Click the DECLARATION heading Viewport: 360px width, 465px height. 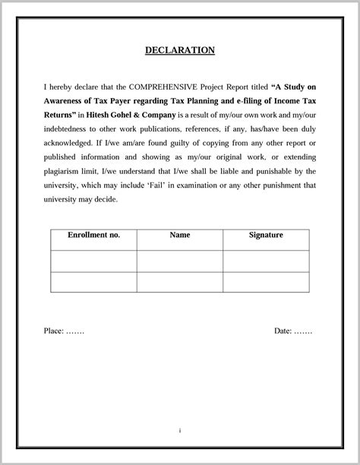(x=180, y=51)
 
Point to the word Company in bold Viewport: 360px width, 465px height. (x=158, y=115)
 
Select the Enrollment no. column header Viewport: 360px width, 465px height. (x=94, y=236)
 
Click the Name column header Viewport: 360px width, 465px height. (x=180, y=236)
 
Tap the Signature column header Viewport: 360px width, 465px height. (x=266, y=236)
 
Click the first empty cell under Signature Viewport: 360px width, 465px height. (x=266, y=261)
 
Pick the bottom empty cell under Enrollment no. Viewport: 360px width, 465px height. (x=94, y=282)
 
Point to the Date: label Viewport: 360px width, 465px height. (x=283, y=332)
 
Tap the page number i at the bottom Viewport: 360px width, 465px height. (x=180, y=431)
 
